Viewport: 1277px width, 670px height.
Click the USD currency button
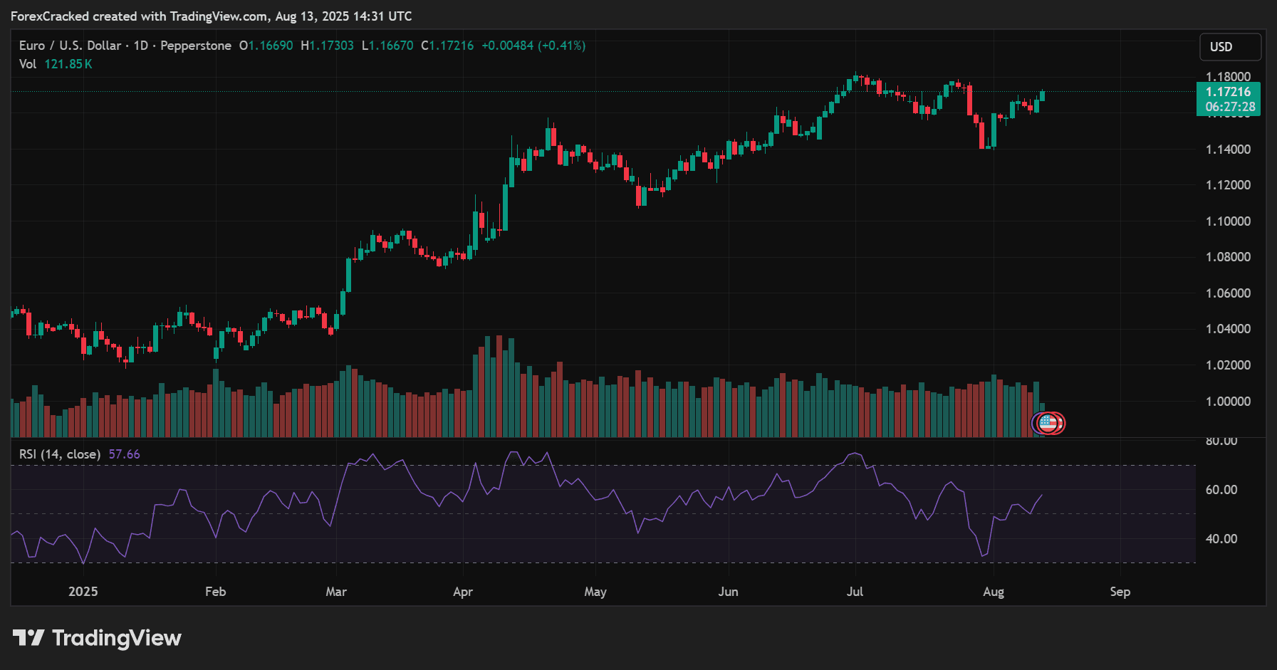tap(1230, 47)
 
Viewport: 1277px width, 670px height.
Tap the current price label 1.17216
tap(1228, 92)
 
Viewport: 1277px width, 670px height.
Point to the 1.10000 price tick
tap(1228, 221)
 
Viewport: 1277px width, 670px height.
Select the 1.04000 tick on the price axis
tap(1228, 329)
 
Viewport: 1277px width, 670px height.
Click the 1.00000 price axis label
tap(1228, 402)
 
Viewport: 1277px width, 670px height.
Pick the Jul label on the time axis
tap(855, 592)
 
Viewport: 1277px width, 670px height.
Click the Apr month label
tap(463, 592)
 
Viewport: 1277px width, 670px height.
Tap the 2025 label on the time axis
tap(83, 592)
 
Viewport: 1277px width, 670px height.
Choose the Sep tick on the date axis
tap(1120, 592)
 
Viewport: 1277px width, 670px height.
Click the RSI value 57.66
tap(124, 454)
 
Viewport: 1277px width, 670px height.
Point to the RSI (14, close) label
tap(60, 454)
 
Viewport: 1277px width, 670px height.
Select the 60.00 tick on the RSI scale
tap(1221, 490)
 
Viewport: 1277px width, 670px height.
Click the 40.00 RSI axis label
tap(1221, 539)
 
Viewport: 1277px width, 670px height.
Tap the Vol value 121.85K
tap(68, 64)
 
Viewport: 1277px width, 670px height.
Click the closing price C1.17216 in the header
tap(447, 46)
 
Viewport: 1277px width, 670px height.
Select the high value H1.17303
tap(328, 46)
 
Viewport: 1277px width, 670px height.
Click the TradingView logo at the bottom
tap(98, 638)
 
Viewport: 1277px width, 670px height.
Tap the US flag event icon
tap(1048, 423)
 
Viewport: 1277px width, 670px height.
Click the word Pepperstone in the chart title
tap(196, 46)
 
